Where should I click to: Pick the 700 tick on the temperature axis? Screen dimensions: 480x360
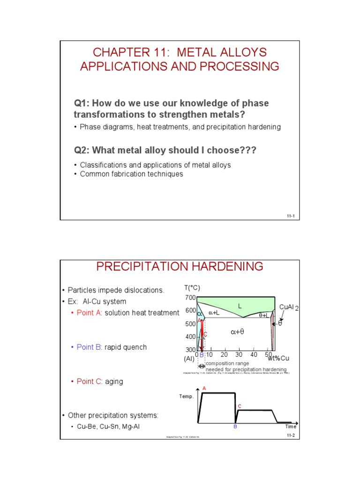tap(190, 298)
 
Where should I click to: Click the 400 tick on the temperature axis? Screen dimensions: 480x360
tap(190, 337)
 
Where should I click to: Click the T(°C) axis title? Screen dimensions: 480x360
tap(192, 288)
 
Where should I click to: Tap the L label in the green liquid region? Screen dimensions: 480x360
tap(240, 306)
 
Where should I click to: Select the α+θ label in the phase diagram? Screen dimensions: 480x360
tap(237, 331)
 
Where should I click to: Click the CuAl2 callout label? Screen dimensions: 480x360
tap(289, 307)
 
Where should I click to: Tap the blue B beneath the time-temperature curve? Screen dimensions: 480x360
tap(235, 427)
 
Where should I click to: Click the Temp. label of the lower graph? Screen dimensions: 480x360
tap(186, 396)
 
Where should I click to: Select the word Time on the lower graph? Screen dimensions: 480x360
tap(291, 427)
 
